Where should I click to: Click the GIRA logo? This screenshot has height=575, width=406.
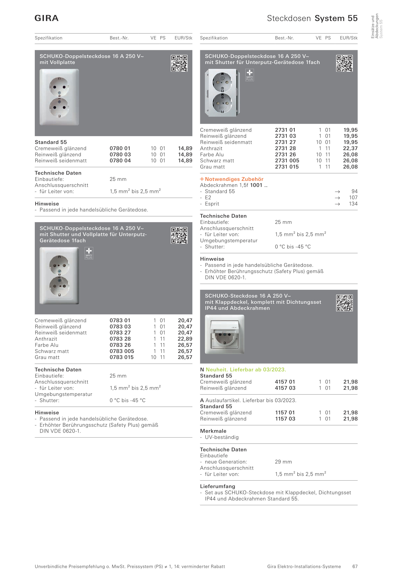(47, 18)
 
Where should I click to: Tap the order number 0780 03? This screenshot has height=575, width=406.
(120, 154)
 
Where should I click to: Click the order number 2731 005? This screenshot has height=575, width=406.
(287, 161)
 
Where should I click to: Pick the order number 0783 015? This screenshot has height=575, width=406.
(122, 357)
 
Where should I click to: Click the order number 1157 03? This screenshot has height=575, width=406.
(285, 419)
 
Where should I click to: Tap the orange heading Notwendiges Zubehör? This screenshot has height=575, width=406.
(234, 179)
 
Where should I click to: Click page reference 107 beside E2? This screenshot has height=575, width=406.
(353, 198)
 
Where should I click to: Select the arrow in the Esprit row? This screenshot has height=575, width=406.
(337, 204)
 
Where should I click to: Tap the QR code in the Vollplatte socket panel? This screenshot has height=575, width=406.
(179, 63)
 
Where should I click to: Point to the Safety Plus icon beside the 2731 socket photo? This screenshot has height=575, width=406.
(249, 75)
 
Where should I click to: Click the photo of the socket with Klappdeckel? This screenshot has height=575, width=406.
(224, 334)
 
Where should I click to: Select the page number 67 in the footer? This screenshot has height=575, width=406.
(355, 566)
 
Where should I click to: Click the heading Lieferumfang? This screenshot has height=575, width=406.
(217, 486)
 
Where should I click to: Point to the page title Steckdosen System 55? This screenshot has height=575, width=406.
(312, 18)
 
